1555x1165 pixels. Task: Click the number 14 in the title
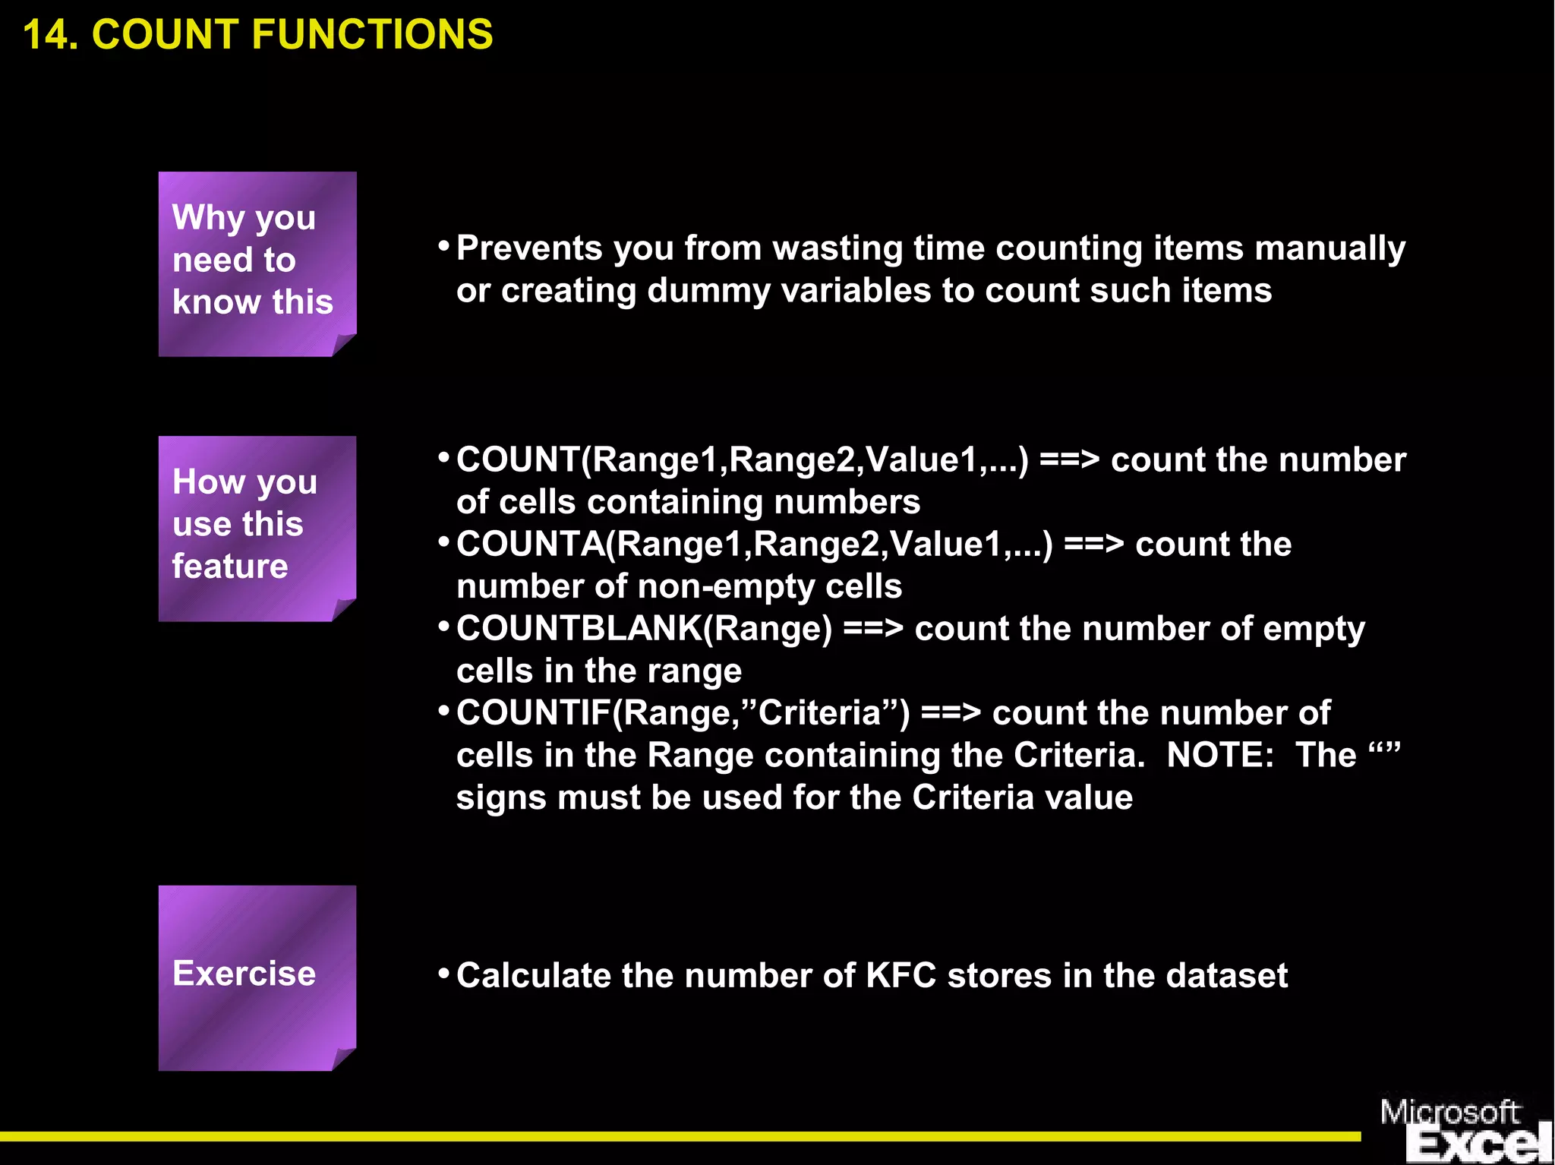(x=47, y=35)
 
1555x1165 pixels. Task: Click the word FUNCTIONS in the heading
(x=372, y=35)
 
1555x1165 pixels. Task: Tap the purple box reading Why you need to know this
(x=257, y=264)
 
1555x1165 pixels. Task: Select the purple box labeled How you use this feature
(x=257, y=528)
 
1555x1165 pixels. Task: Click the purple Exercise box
(x=257, y=977)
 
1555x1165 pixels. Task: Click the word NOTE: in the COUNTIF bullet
(x=1219, y=756)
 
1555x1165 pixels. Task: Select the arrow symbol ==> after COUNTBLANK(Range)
(x=873, y=629)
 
